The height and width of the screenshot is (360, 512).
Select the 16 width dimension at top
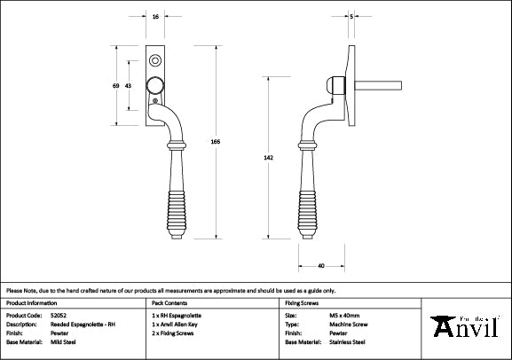pyautogui.click(x=156, y=17)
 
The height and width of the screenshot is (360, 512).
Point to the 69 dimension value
pyautogui.click(x=115, y=85)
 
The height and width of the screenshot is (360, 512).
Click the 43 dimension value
pyautogui.click(x=129, y=85)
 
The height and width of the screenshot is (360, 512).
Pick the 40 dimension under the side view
pyautogui.click(x=319, y=265)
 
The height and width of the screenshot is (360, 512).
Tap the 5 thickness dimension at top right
pyautogui.click(x=352, y=17)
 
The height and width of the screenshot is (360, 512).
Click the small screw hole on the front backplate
pyautogui.click(x=156, y=60)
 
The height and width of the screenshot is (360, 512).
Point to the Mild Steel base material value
pyautogui.click(x=61, y=341)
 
